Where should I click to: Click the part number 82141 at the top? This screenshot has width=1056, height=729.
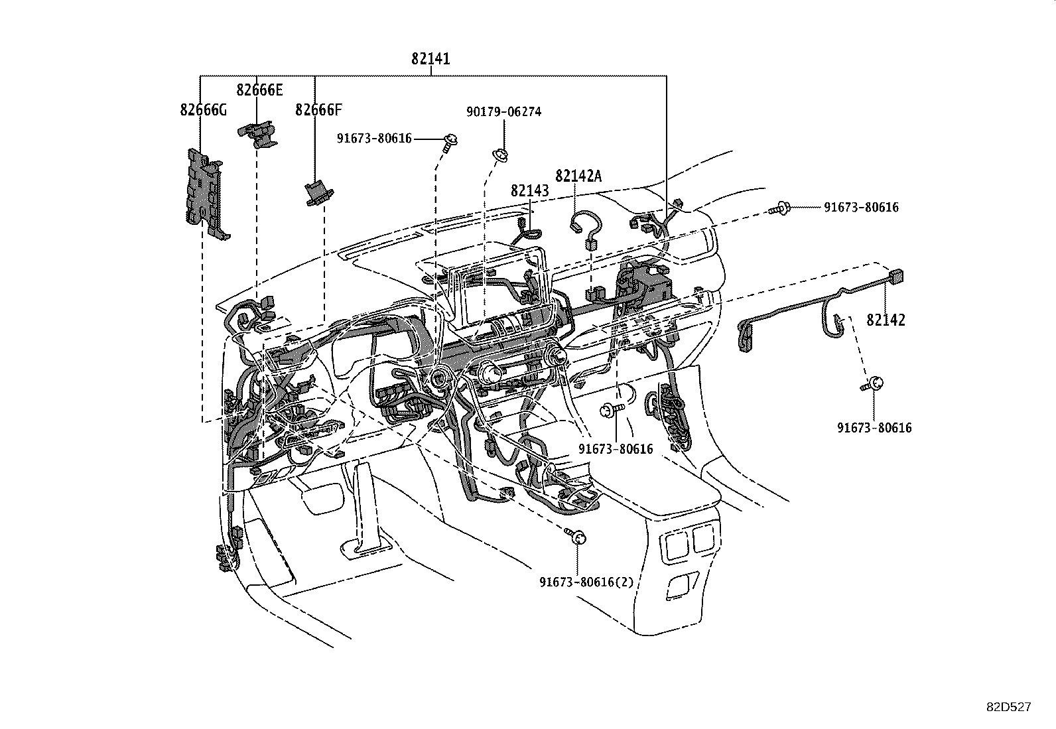430,58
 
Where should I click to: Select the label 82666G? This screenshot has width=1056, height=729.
203,110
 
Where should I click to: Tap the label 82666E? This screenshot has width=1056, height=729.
259,90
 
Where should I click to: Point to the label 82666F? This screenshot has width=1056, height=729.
318,110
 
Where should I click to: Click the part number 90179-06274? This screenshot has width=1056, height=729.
504,111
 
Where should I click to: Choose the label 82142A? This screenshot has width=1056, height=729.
578,176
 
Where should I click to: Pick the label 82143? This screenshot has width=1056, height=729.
530,190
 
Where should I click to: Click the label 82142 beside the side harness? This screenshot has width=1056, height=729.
886,320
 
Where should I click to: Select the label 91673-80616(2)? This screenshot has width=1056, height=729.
586,582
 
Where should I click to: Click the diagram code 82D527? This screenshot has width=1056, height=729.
1009,707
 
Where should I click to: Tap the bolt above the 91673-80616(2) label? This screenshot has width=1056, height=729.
576,536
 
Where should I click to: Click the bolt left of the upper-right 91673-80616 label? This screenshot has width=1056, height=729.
780,208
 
